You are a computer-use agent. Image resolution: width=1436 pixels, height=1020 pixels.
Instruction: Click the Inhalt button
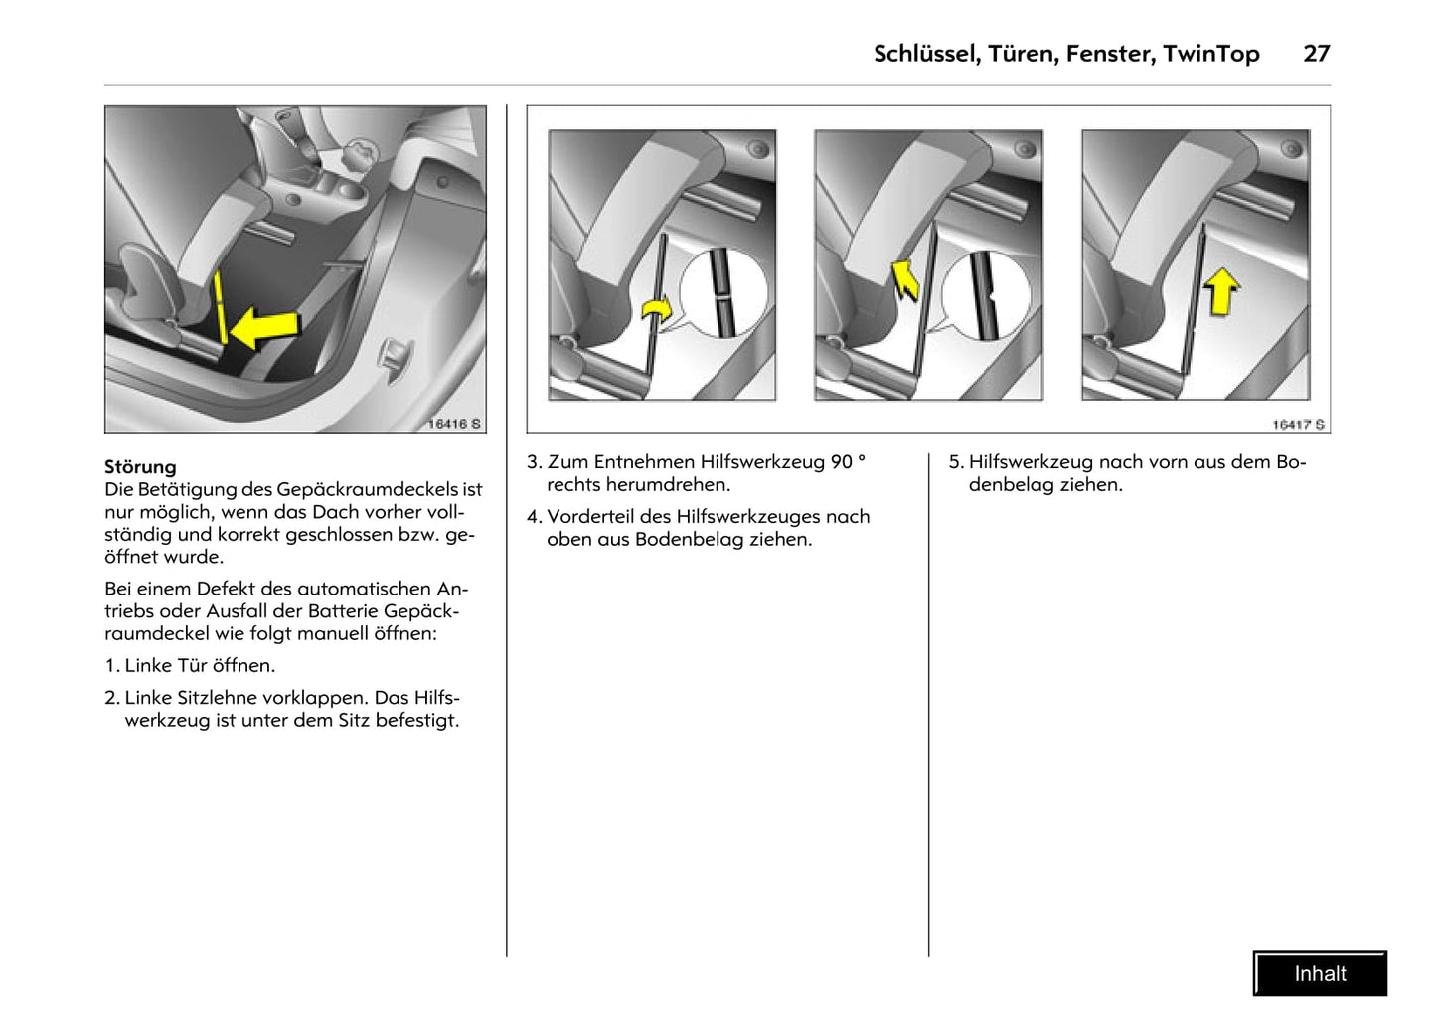1320,974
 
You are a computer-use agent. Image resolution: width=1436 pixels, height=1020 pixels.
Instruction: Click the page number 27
1316,54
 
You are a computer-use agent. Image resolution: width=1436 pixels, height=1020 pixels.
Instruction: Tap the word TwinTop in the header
1210,54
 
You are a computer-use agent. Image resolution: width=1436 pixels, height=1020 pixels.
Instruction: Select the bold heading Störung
140,467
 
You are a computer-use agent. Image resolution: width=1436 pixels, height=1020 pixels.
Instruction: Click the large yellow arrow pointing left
264,327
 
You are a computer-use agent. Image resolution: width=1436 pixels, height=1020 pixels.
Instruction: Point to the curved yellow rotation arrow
655,312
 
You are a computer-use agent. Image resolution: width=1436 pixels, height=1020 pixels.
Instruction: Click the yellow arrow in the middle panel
905,280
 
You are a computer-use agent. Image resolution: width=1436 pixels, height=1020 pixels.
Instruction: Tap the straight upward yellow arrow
1220,292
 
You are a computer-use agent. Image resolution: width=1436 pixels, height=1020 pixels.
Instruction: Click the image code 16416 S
454,424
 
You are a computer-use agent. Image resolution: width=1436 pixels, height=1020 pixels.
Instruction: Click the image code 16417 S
1298,425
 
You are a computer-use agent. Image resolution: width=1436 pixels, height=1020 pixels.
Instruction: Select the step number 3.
534,462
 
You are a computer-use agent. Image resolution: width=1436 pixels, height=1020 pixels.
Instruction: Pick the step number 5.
955,462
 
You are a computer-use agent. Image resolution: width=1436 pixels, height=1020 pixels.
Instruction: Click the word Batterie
340,611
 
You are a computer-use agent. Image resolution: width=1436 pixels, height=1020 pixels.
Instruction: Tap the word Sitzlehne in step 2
211,698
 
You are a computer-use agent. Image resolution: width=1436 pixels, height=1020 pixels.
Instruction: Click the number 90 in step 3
841,462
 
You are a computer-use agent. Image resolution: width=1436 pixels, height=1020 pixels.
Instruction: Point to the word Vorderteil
590,517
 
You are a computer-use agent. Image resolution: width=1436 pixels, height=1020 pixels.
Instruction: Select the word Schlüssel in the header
925,54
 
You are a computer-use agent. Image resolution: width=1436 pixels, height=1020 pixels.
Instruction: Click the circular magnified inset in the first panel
723,293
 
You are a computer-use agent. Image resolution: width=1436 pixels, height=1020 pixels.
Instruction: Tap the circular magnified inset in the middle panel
986,296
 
